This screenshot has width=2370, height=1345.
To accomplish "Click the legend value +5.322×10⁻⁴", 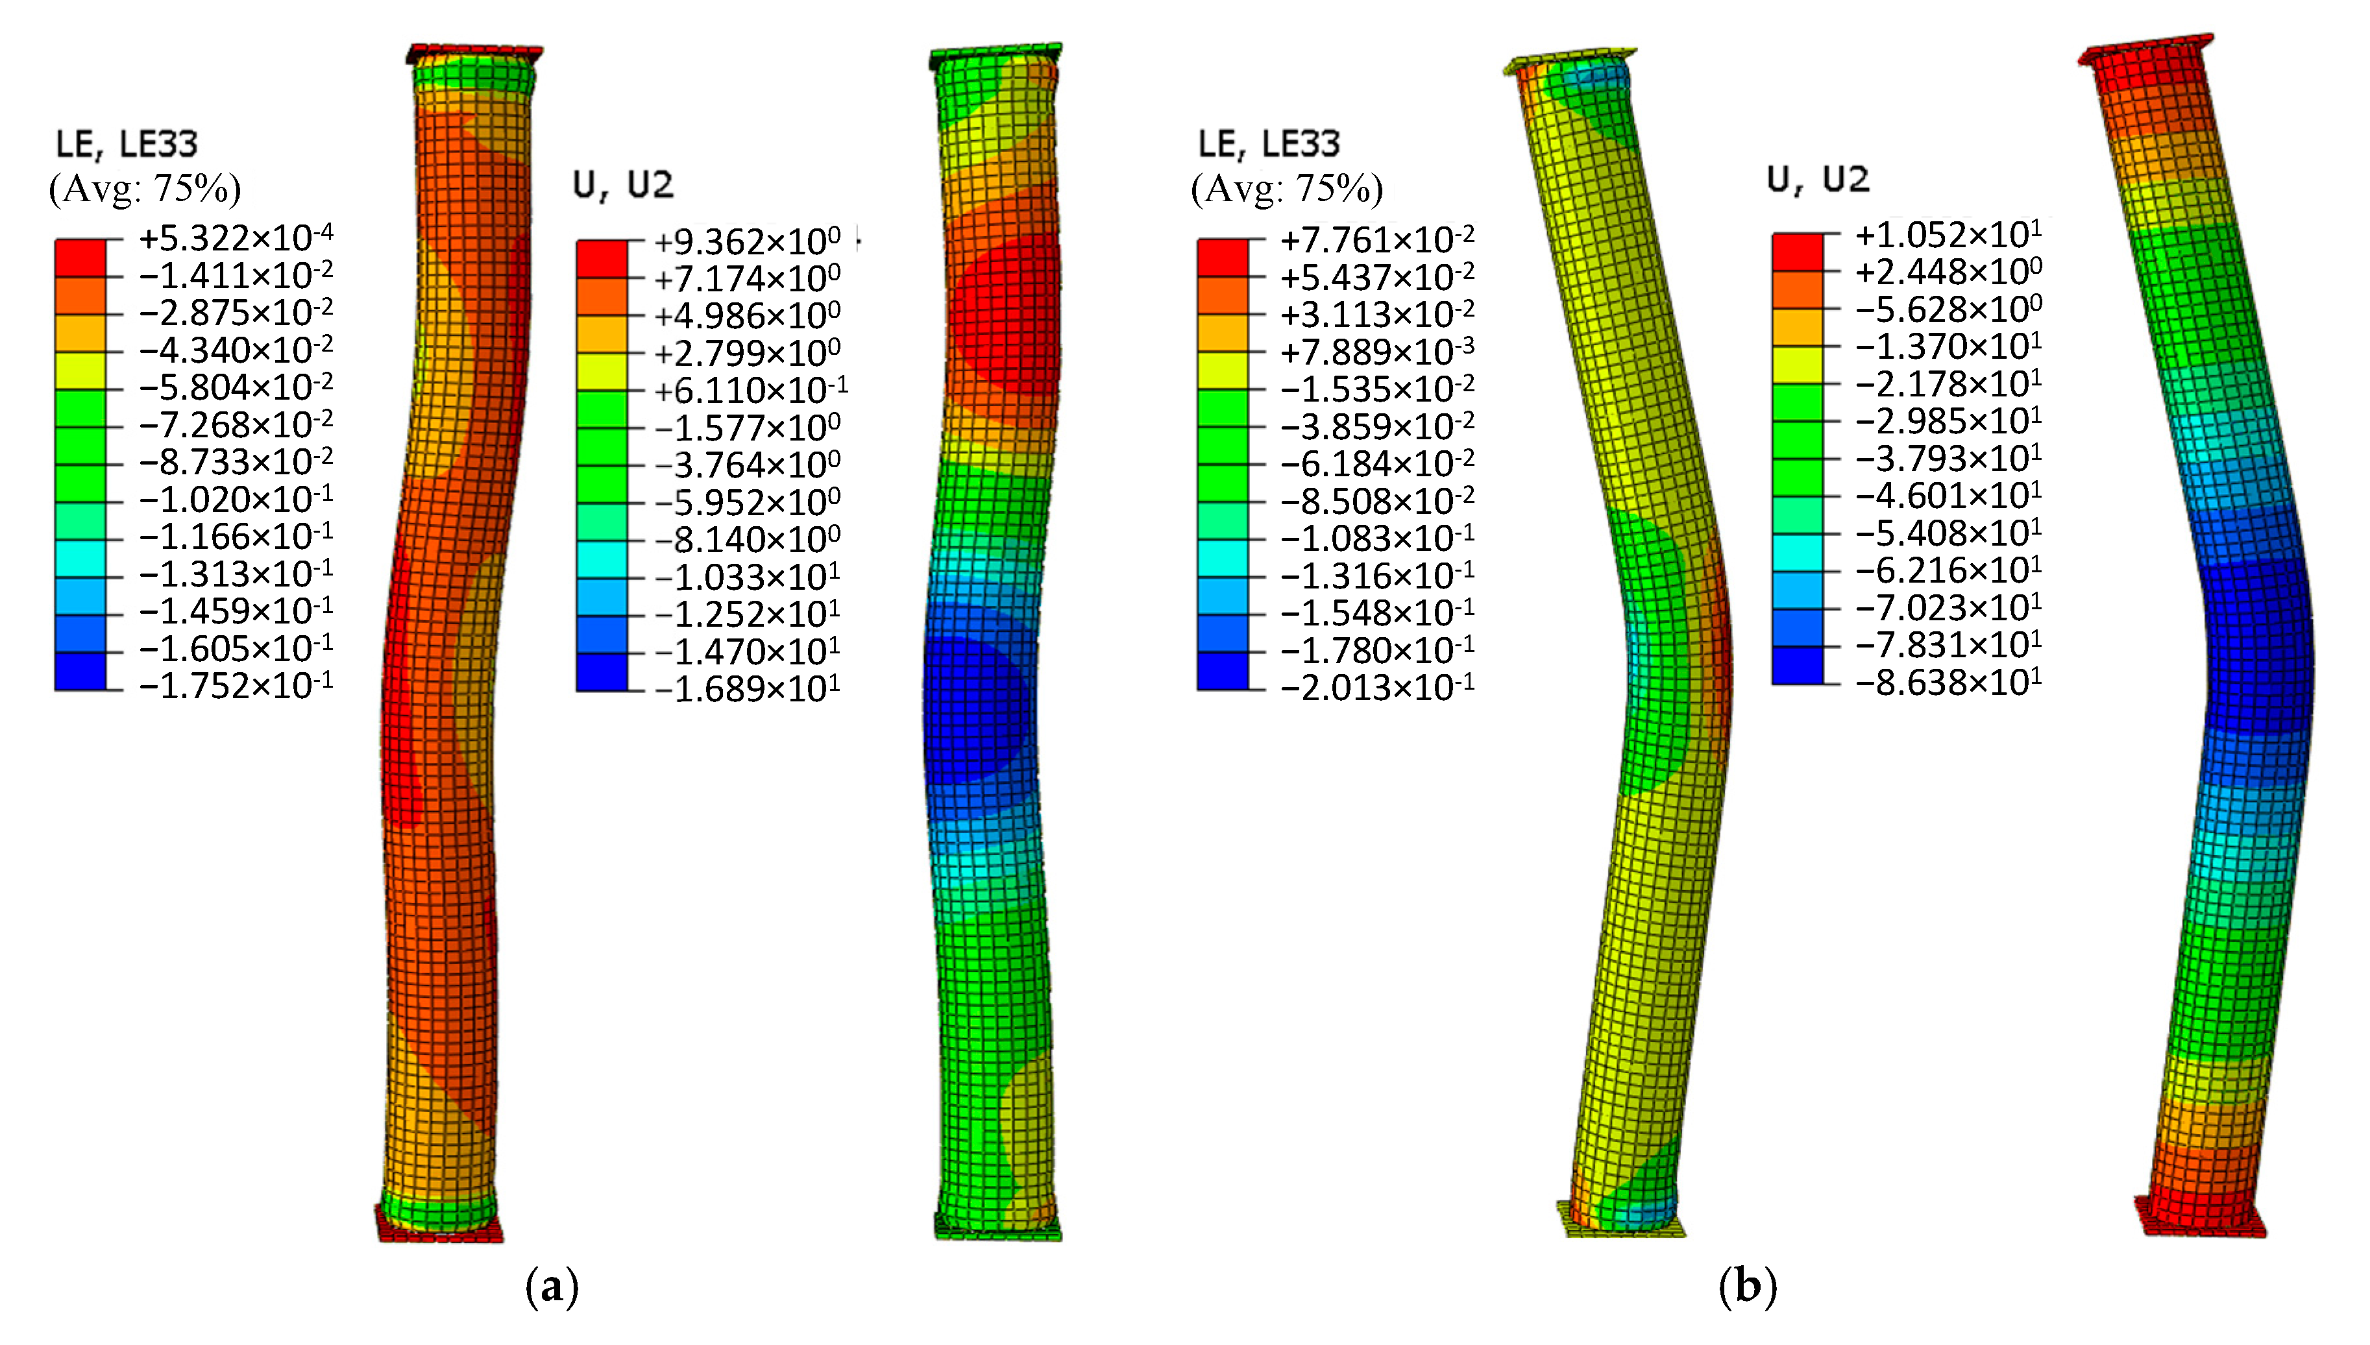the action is (x=236, y=237).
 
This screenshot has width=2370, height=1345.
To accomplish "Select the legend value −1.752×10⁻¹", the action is (x=236, y=685).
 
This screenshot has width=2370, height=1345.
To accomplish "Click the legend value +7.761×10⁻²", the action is (x=1376, y=239).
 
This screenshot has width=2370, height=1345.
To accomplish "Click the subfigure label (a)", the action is (x=552, y=1285).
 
